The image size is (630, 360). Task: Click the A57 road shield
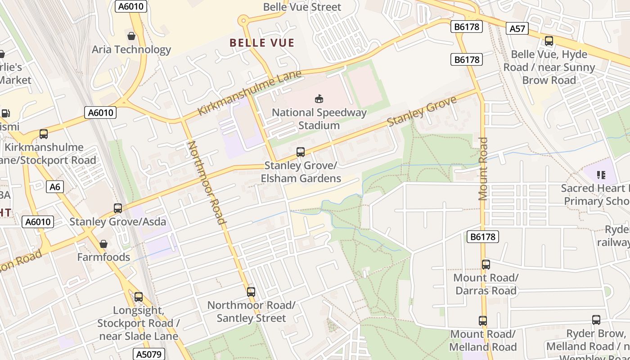coord(517,29)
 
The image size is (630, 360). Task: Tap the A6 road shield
coord(54,187)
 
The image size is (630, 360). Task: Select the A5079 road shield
coord(148,354)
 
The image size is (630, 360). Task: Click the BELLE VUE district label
coord(262,43)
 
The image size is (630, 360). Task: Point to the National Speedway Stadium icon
coord(319,99)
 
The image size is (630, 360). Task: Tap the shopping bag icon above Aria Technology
coord(131,36)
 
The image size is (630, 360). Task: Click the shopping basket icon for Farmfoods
coord(103,244)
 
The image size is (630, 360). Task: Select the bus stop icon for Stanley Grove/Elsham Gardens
coord(301,152)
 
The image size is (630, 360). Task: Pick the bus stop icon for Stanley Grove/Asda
coord(118,208)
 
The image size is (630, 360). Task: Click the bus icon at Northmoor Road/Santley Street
coord(251,292)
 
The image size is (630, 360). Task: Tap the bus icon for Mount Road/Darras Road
coord(486,264)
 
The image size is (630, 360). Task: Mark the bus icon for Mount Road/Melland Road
coord(483,320)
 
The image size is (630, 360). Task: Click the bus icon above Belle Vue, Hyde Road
coord(549,41)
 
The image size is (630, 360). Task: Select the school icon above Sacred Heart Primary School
coord(600,175)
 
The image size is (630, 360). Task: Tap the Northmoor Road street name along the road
coord(206,182)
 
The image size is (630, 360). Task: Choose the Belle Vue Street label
coord(302,7)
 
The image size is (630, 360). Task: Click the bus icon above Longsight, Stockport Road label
coord(139,297)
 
